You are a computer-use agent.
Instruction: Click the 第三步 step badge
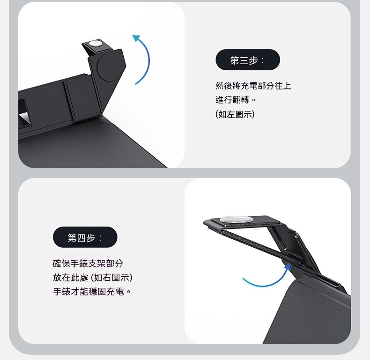pyautogui.click(x=248, y=59)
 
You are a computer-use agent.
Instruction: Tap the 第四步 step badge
pyautogui.click(x=85, y=237)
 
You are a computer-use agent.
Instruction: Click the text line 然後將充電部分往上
pyautogui.click(x=253, y=86)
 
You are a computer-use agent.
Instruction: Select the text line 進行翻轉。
pyautogui.click(x=236, y=100)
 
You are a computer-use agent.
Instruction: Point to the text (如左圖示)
pyautogui.click(x=235, y=114)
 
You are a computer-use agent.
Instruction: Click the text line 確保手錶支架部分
pyautogui.click(x=88, y=263)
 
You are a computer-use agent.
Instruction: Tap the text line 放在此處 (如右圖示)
pyautogui.click(x=93, y=278)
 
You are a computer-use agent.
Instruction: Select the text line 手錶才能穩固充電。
pyautogui.click(x=92, y=292)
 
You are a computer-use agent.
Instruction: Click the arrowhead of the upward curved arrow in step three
pyautogui.click(x=136, y=38)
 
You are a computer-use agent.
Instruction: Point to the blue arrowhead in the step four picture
pyautogui.click(x=288, y=266)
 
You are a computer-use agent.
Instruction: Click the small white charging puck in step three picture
pyautogui.click(x=95, y=44)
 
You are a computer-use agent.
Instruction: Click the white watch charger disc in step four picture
pyautogui.click(x=237, y=219)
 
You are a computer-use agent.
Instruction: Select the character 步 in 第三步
pyautogui.click(x=253, y=60)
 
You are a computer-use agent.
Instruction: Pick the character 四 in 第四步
pyautogui.click(x=81, y=238)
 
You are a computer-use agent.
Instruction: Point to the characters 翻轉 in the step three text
pyautogui.click(x=241, y=100)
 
